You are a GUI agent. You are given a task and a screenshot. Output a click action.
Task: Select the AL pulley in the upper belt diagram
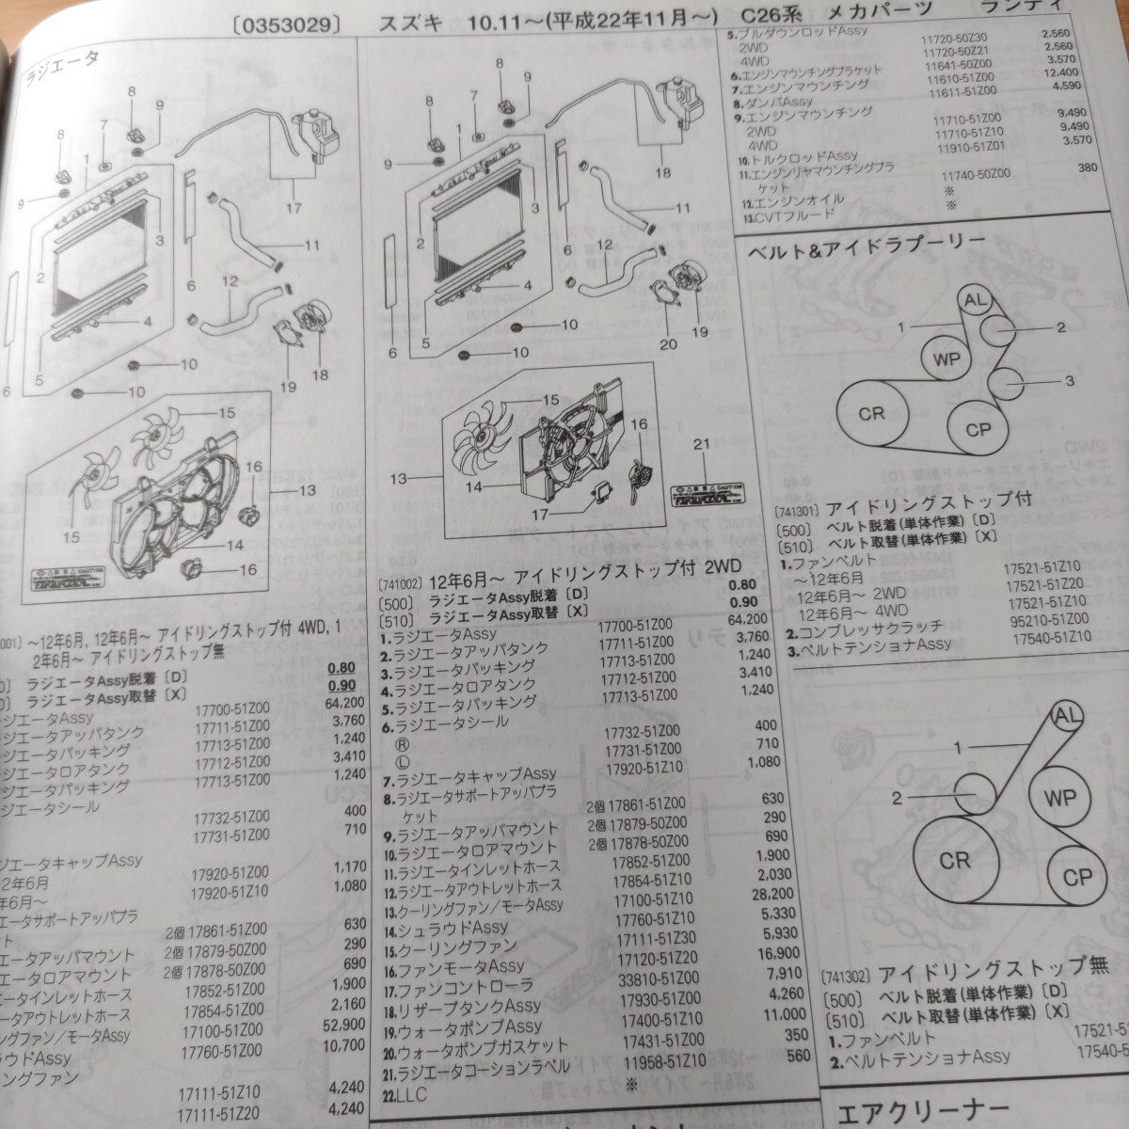pos(975,301)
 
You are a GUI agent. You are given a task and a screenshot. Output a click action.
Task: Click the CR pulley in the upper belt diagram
pos(872,413)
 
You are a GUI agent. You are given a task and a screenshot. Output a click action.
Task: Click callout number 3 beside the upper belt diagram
pos(1069,381)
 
